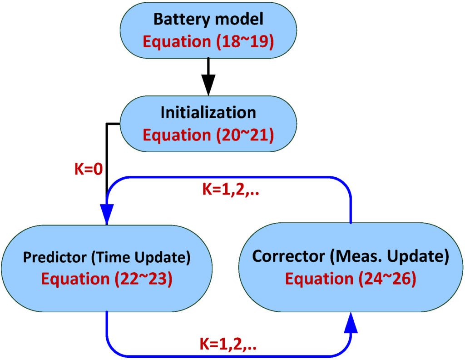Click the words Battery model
(x=208, y=20)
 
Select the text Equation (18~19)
(x=208, y=41)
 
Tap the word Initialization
(x=208, y=113)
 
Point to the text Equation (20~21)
(x=208, y=135)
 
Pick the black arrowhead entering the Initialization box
(x=208, y=86)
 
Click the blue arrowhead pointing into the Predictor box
(x=106, y=213)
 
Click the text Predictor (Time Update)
(x=106, y=258)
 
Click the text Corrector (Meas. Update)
(x=351, y=257)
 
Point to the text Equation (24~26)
(x=351, y=279)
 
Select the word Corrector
(x=290, y=257)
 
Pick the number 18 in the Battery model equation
(x=227, y=41)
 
